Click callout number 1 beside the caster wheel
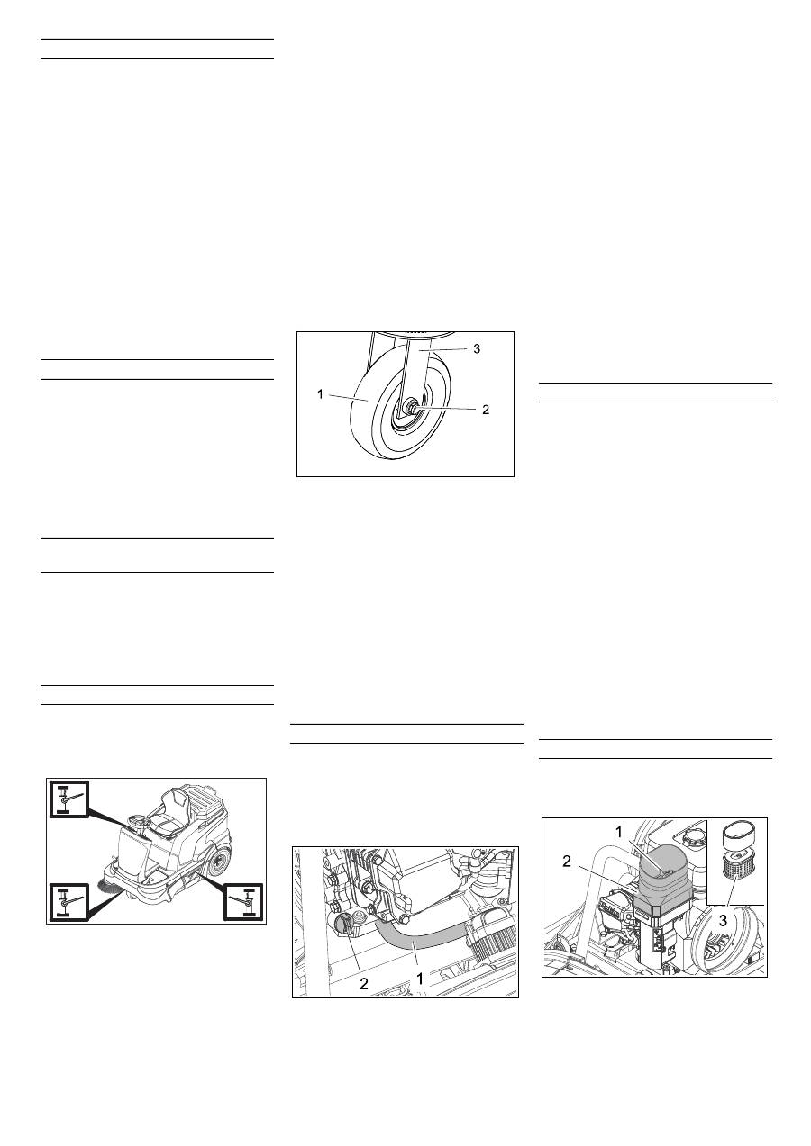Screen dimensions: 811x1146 (320, 394)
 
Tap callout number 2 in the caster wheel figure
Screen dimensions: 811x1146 (486, 410)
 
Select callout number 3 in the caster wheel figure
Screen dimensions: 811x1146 (477, 349)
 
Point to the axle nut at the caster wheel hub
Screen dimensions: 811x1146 (410, 408)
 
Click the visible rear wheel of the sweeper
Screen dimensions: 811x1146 (219, 862)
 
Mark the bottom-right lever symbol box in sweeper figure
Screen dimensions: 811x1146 (243, 901)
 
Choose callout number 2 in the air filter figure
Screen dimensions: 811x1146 (566, 861)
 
